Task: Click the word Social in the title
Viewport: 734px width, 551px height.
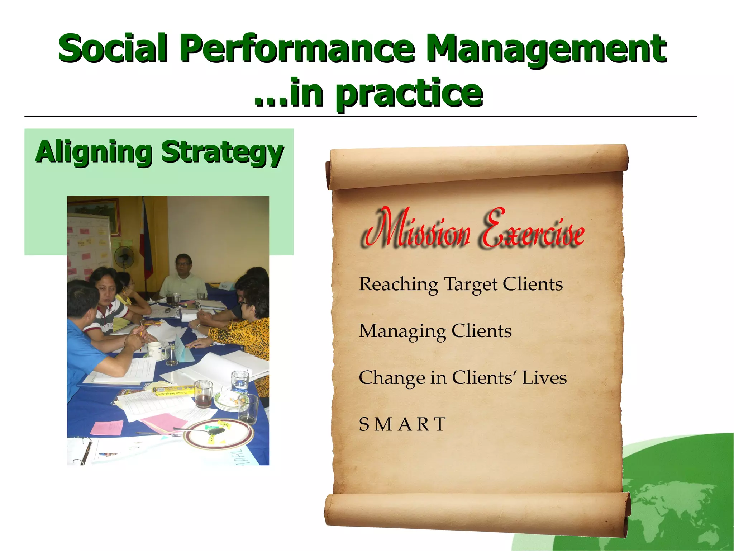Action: (x=113, y=48)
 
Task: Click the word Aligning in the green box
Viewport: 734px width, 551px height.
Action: (x=94, y=152)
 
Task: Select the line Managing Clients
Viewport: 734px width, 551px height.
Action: (x=435, y=331)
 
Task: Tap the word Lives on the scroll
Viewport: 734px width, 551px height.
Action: (x=544, y=377)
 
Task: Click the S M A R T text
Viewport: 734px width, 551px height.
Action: (x=402, y=424)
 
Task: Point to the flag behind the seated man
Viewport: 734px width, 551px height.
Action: (x=147, y=244)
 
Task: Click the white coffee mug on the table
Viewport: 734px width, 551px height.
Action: (x=155, y=349)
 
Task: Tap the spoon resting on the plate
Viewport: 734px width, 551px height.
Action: (x=201, y=430)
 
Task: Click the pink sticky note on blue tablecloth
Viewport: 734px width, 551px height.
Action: (x=107, y=428)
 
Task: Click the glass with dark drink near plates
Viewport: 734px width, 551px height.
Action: (x=204, y=395)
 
